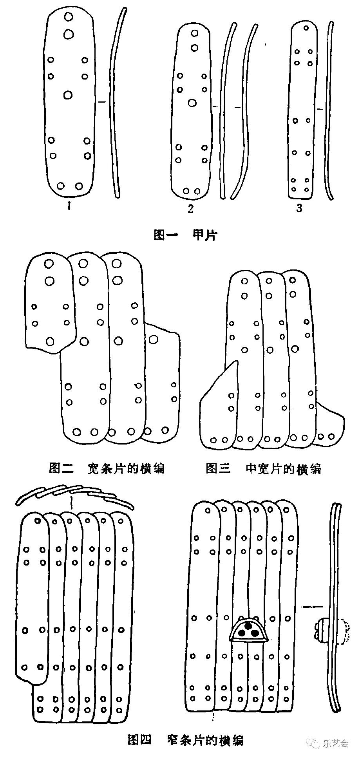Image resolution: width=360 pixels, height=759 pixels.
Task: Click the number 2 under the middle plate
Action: pos(191,209)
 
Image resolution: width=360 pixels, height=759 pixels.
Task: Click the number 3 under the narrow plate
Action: pos(299,208)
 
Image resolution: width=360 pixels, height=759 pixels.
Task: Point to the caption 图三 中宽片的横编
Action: pos(263,468)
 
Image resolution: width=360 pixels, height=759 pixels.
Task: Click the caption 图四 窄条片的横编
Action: pos(185,740)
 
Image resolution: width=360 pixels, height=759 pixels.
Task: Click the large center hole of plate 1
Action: pos(68,95)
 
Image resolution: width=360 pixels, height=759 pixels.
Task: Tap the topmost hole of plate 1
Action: pos(69,17)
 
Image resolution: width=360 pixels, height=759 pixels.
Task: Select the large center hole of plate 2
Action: pos(192,103)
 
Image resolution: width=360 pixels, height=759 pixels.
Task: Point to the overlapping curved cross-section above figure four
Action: pos(74,495)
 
